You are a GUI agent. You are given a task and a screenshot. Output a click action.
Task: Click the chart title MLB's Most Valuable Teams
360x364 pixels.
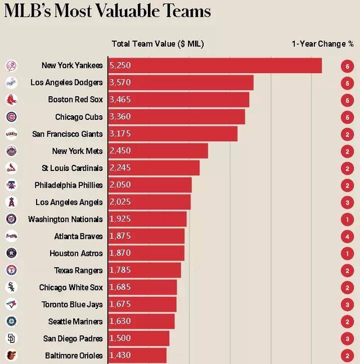[x=107, y=11]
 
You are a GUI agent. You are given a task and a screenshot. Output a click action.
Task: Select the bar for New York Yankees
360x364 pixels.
[x=214, y=65]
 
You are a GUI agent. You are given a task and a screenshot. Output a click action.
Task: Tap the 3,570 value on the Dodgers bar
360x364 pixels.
[x=120, y=83]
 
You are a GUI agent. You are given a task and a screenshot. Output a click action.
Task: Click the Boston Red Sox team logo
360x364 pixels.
[x=11, y=100]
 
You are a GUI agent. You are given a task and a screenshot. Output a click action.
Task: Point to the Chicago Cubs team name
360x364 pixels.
[x=79, y=117]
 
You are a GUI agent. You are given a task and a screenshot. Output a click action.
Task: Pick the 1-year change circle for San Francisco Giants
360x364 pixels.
[x=348, y=134]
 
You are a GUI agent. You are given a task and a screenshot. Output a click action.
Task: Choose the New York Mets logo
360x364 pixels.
[x=11, y=151]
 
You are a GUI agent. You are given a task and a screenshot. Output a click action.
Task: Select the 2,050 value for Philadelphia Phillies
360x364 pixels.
[x=120, y=185]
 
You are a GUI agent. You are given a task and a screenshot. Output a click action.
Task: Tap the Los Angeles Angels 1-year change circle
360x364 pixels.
[x=348, y=202]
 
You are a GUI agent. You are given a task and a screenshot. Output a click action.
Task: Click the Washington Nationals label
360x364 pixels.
[x=65, y=219]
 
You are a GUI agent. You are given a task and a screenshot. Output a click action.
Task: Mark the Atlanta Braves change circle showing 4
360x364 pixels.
[x=348, y=236]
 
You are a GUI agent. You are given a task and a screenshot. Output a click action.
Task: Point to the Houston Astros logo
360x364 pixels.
[x=11, y=253]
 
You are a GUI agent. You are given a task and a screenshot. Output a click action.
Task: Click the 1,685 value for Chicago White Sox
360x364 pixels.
[x=120, y=287]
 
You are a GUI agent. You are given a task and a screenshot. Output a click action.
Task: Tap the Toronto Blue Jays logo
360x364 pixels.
[x=11, y=304]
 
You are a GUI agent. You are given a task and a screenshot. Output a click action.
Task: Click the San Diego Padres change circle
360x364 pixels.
[x=348, y=339]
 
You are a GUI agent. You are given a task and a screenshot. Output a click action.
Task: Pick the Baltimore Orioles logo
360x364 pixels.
[x=11, y=356]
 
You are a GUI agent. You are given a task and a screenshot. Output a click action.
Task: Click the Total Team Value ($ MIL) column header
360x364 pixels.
[x=157, y=44]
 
